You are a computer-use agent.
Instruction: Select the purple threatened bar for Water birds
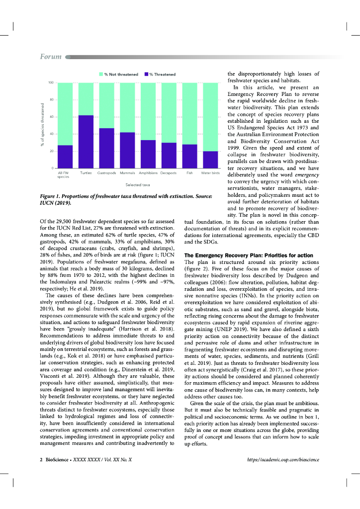[210, 160]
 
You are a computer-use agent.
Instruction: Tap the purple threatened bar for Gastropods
[106, 148]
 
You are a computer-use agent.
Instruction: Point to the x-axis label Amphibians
[148, 173]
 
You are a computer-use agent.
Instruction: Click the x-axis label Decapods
[169, 173]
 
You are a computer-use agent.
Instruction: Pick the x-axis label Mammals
[128, 173]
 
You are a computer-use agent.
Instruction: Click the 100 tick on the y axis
[51, 83]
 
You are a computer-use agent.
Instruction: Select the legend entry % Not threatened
[119, 75]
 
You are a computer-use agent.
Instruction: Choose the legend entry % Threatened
[160, 75]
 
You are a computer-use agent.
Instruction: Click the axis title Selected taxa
[138, 184]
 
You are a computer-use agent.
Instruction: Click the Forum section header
[51, 57]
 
